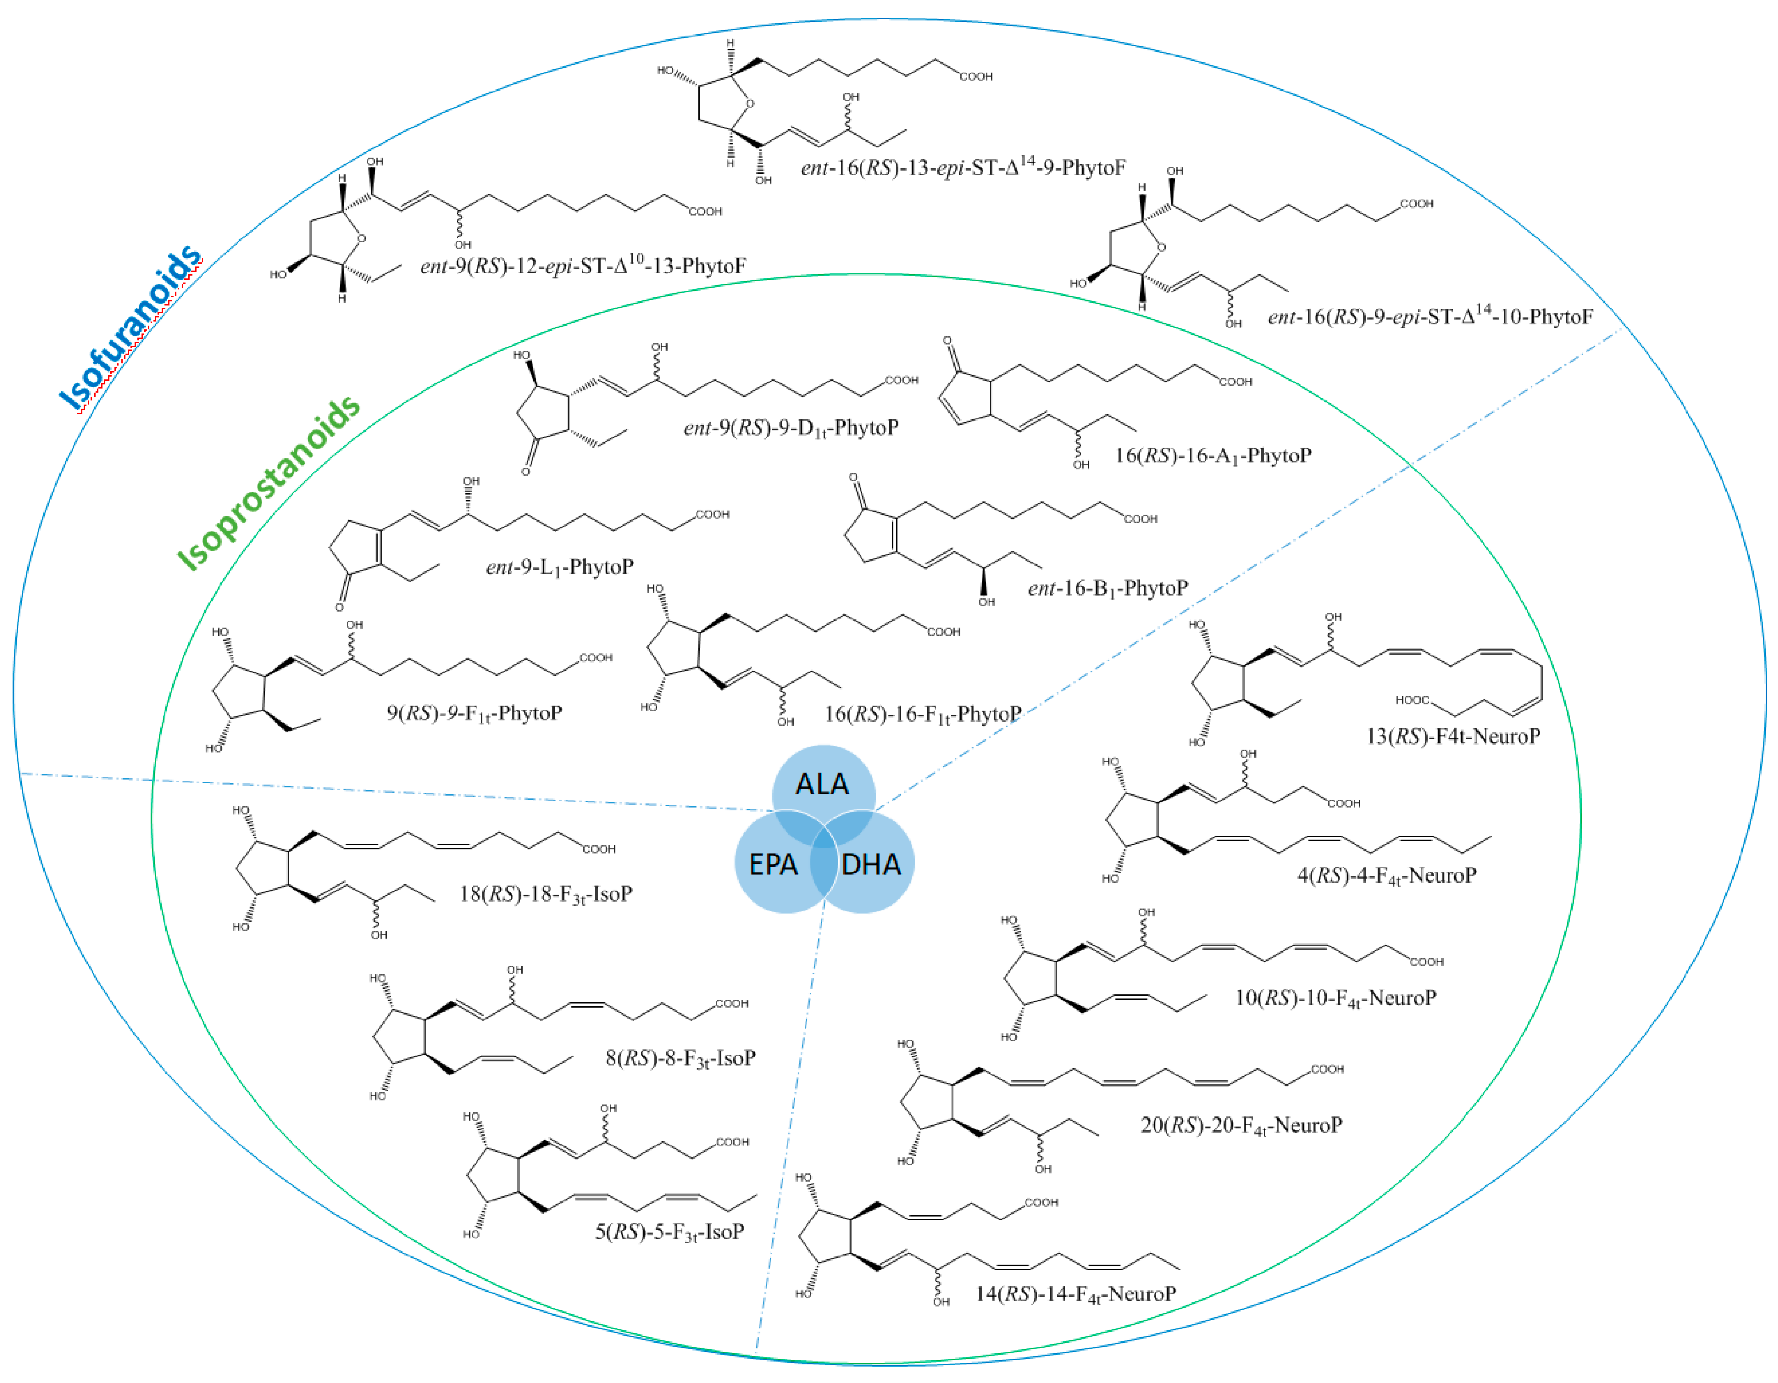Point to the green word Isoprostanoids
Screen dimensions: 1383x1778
point(269,482)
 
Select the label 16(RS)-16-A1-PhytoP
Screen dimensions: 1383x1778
point(1213,456)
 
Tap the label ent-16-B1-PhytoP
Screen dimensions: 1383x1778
point(1107,588)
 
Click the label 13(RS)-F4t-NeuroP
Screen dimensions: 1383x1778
point(1453,737)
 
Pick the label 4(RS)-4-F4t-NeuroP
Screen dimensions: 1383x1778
point(1386,876)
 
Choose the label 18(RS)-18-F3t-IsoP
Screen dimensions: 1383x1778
point(546,894)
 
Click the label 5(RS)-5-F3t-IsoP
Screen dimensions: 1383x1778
point(669,1232)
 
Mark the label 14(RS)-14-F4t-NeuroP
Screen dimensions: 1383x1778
point(1076,1294)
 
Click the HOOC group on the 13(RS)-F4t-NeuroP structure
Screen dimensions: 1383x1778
point(1412,700)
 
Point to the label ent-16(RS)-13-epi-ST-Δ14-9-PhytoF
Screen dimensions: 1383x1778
point(963,168)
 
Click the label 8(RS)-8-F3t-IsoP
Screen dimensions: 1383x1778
point(680,1058)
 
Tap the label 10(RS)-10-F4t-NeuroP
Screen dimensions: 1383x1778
point(1335,998)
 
